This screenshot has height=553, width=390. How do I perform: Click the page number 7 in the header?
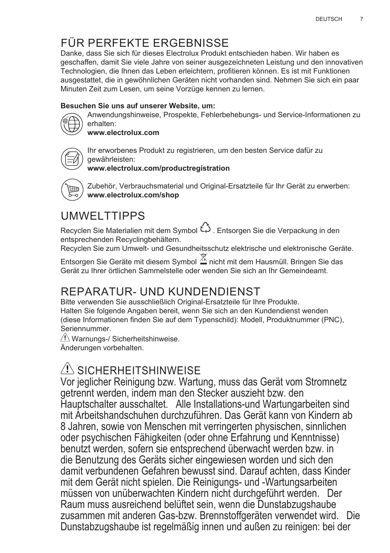[361, 19]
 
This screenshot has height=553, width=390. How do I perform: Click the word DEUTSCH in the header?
[328, 19]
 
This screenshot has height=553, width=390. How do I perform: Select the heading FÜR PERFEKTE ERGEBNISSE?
[144, 43]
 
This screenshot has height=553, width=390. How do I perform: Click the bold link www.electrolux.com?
[123, 133]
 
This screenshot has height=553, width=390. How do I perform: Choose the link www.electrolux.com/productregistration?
[159, 168]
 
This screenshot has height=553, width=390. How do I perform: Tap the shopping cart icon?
[71, 190]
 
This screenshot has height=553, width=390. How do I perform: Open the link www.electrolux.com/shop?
[133, 195]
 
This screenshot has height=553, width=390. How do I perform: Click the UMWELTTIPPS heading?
[103, 217]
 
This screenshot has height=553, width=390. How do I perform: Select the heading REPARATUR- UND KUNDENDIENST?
[160, 292]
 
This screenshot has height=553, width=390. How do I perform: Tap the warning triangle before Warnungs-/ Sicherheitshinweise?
[65, 338]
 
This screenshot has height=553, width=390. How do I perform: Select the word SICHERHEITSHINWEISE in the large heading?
[139, 370]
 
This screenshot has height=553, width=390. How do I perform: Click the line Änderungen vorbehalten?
[102, 348]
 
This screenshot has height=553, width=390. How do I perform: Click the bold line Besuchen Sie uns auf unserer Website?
[138, 106]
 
